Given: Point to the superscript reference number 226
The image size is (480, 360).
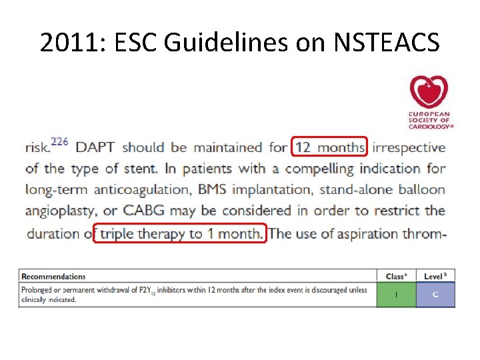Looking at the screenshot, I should pos(59,142).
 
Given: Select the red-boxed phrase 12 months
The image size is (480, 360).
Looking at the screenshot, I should pos(329,147).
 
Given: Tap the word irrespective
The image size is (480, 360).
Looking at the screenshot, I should pos(409,147).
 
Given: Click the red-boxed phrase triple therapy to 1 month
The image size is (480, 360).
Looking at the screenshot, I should pos(180,233).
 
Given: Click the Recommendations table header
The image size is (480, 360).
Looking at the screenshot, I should pos(54,276).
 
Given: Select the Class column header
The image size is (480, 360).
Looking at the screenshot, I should pos(396,276).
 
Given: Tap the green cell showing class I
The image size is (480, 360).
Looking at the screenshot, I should pos(396,295).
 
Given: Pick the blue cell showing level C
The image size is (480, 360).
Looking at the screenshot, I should pos(435,295).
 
